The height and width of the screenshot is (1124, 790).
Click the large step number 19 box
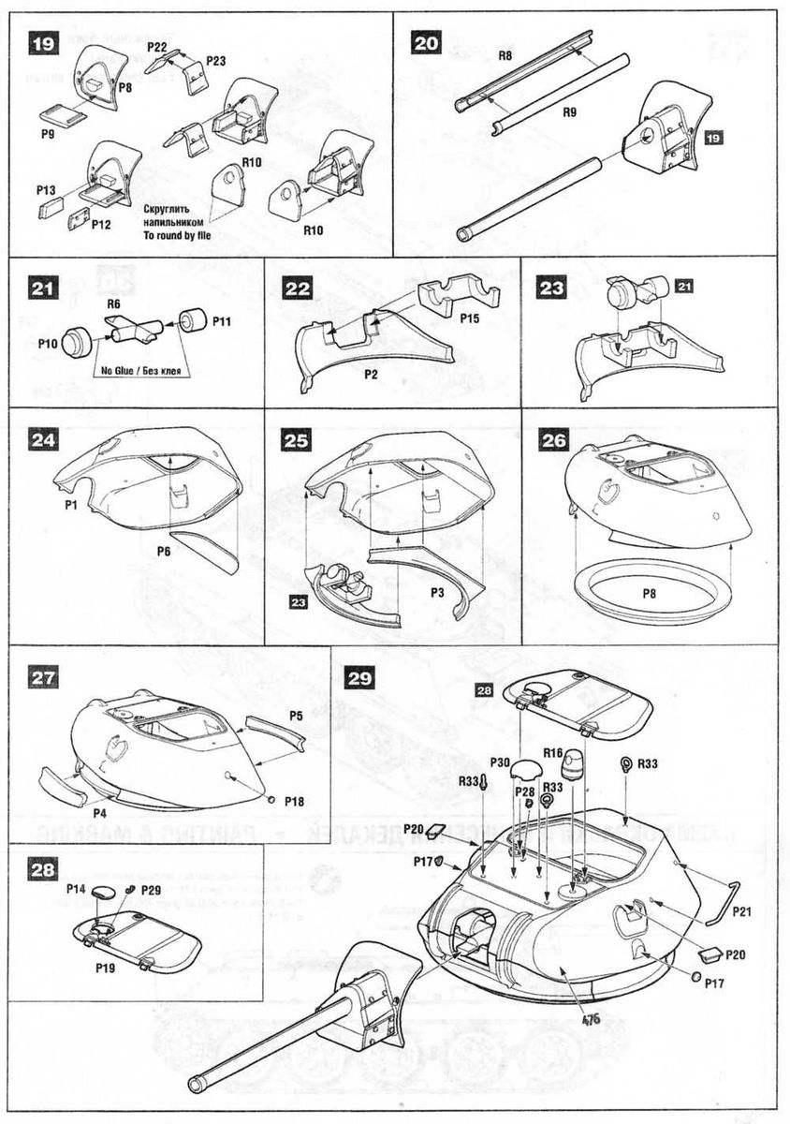43,44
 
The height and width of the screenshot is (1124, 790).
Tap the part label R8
505,57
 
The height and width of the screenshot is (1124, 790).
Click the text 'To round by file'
177,235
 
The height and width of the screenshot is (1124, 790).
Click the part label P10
49,344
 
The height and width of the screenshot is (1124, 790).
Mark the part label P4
99,813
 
